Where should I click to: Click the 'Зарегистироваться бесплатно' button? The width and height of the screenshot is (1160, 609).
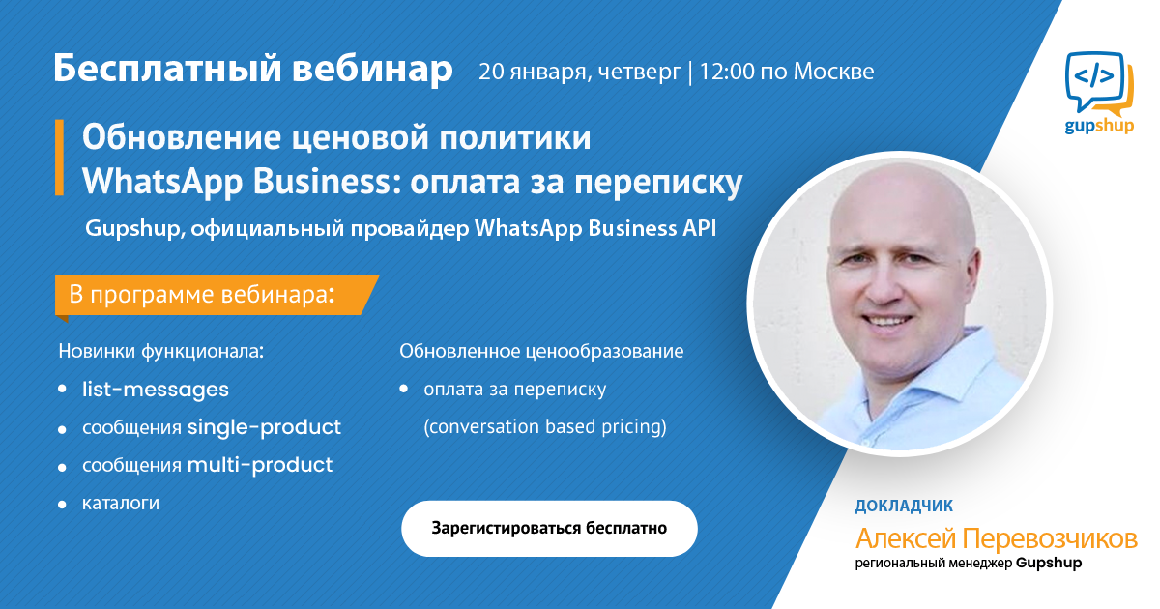point(549,528)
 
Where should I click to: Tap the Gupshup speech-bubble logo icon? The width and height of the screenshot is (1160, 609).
point(1099,83)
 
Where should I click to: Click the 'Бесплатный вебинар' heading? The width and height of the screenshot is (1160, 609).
point(253,68)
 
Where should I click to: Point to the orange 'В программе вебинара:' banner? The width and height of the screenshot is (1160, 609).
point(217,295)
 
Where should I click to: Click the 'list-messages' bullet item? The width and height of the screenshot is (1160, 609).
point(156,390)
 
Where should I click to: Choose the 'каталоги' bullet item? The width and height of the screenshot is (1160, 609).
point(121,503)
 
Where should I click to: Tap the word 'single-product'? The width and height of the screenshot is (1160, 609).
point(264,427)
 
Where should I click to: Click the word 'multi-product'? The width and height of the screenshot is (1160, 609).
point(260,465)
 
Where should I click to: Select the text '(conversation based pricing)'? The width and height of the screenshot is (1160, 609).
point(545,426)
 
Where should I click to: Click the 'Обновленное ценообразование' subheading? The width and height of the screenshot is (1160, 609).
point(541,351)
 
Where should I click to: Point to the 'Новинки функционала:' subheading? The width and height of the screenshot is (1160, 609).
point(161,351)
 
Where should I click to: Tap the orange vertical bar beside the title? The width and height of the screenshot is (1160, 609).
point(60,158)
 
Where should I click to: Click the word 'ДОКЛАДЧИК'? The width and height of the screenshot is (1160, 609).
point(904,506)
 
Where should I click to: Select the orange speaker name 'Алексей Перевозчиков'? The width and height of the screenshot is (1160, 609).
point(996,538)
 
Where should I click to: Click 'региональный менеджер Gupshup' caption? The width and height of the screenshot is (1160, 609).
point(968,563)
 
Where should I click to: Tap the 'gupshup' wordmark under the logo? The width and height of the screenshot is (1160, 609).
point(1099,126)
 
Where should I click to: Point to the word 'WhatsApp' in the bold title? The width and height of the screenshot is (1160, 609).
point(162,182)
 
